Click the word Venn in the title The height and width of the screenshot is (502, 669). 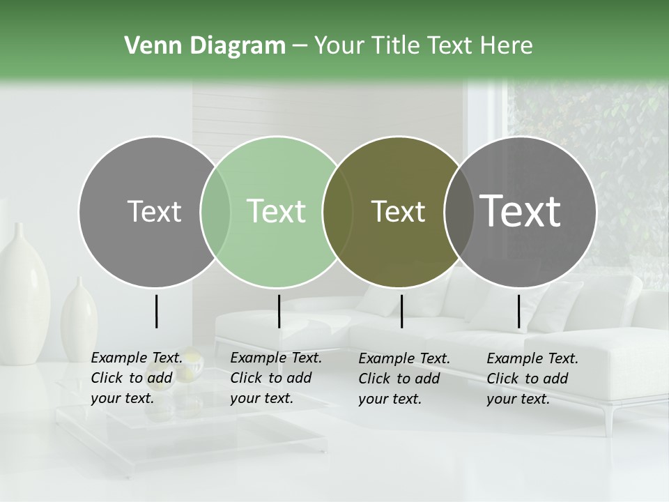tap(148, 46)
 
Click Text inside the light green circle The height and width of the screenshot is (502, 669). tap(277, 211)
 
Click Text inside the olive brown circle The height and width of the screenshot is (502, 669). tap(398, 211)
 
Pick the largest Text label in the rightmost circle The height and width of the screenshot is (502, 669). tap(521, 211)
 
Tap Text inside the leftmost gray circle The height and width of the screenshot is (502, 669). tap(154, 211)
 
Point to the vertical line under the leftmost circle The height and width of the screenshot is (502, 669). tap(156, 311)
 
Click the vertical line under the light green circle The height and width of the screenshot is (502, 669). tap(279, 311)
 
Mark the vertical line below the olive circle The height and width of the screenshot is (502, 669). tap(401, 311)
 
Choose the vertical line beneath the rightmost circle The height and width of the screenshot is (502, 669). tap(518, 311)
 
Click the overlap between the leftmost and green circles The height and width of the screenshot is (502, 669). tap(215, 211)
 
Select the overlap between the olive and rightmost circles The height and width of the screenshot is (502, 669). tap(456, 211)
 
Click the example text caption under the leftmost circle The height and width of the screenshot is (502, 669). tap(137, 379)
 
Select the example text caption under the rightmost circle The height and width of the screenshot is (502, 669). tap(532, 379)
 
